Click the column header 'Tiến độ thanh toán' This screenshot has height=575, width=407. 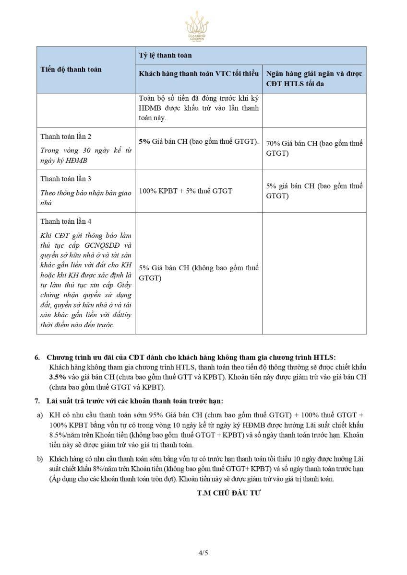tap(71, 69)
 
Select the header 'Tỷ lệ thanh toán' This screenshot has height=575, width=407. tap(165, 55)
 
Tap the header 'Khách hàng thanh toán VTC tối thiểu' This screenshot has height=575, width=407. tap(199, 74)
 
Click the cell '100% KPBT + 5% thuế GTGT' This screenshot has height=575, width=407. tap(185, 191)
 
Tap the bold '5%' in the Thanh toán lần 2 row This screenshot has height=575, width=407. tap(144, 141)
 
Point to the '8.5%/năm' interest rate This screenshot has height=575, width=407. tap(62, 435)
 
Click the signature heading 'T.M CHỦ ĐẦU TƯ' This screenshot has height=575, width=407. tap(228, 493)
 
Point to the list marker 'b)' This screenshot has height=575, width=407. tap(40, 459)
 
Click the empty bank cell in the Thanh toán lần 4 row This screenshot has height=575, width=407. tap(314, 273)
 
